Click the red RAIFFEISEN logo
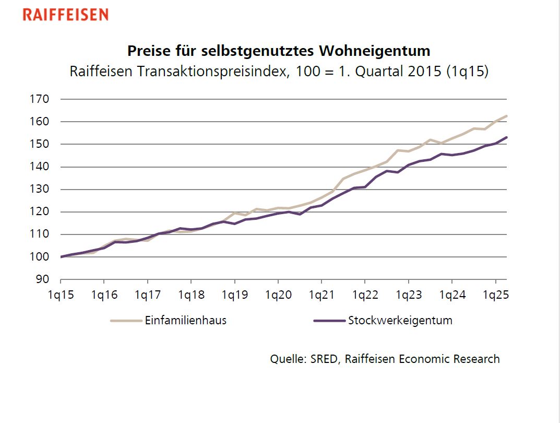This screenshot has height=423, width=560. coord(65,14)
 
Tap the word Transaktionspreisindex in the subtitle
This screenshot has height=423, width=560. coord(211,72)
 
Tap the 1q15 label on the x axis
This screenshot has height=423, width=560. coord(60,295)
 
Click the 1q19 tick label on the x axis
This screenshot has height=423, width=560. coord(234,295)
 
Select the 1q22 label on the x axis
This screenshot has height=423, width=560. coord(365,295)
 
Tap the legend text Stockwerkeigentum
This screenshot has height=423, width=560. coord(400,321)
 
